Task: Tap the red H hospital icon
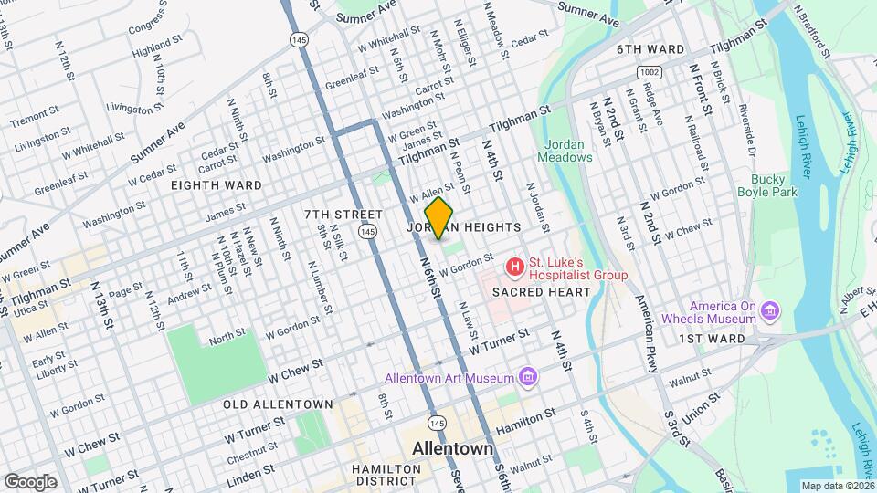pyautogui.click(x=515, y=267)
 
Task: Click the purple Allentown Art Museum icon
pyautogui.click(x=526, y=376)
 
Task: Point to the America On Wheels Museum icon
pyautogui.click(x=769, y=313)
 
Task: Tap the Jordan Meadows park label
pyautogui.click(x=568, y=151)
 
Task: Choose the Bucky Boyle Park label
pyautogui.click(x=774, y=185)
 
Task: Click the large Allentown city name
pyautogui.click(x=453, y=450)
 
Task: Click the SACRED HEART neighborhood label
pyautogui.click(x=541, y=292)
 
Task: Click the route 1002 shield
pyautogui.click(x=650, y=71)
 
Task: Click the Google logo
pyautogui.click(x=30, y=481)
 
